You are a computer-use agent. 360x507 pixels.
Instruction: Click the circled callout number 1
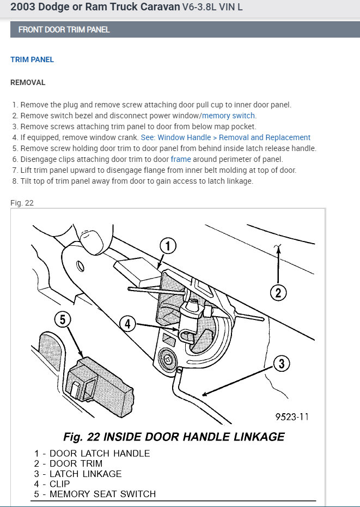pos(168,247)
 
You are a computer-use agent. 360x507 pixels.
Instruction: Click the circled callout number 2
pos(278,293)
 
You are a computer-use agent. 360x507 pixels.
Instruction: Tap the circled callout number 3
pos(280,364)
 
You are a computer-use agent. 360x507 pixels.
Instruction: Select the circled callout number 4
pos(127,324)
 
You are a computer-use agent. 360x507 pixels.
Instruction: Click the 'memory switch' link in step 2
pos(229,116)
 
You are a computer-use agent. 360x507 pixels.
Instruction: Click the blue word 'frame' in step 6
pos(180,159)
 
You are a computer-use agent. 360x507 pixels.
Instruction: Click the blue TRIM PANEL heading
pos(32,59)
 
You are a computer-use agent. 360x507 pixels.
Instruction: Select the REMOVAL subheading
pos(28,83)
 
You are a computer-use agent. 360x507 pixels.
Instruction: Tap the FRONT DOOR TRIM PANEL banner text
pos(64,29)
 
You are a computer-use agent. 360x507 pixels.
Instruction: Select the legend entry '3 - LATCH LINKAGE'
pos(77,474)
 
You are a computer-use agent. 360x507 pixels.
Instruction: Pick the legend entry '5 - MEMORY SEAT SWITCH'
pos(94,494)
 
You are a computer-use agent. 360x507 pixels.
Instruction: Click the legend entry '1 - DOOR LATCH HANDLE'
pos(91,454)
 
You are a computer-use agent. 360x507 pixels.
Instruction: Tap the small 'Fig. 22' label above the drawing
pos(22,203)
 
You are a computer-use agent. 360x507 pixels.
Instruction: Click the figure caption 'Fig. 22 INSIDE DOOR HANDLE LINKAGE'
pos(174,437)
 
